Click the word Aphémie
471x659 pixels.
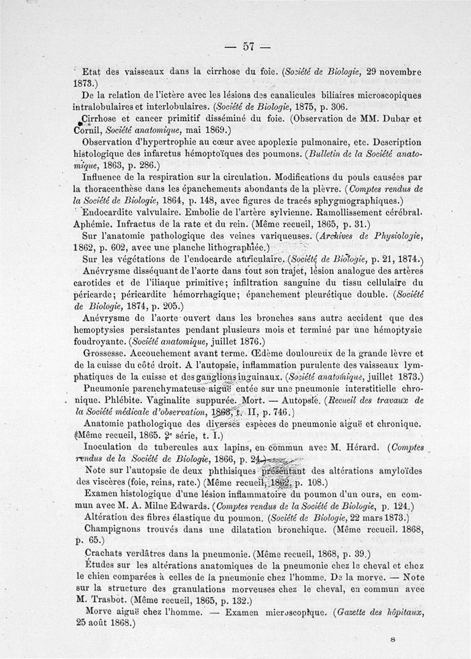coord(95,224)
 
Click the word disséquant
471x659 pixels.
coord(157,270)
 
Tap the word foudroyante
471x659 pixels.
coord(101,342)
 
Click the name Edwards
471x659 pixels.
coord(184,506)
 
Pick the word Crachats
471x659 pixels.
coord(105,554)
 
